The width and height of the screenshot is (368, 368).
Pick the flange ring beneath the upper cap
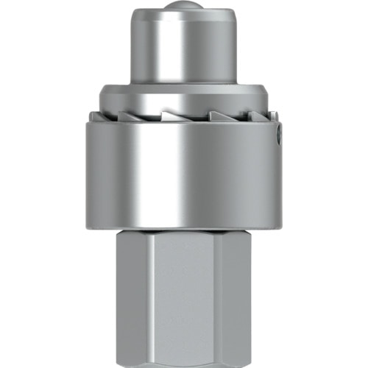pyautogui.click(x=184, y=96)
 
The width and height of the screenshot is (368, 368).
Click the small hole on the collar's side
pyautogui.click(x=278, y=136)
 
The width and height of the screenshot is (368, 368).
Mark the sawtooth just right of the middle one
pyautogui.click(x=221, y=116)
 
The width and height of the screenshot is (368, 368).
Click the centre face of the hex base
pyautogui.click(x=184, y=302)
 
